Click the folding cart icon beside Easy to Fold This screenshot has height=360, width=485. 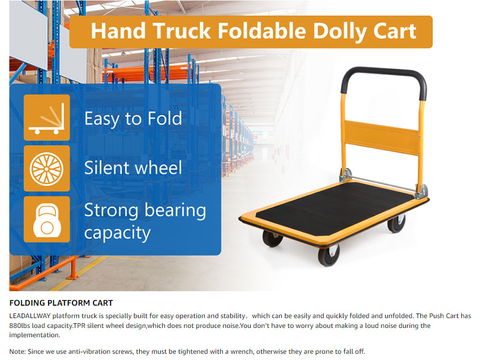click(x=47, y=118)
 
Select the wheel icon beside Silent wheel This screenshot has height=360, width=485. click(x=47, y=169)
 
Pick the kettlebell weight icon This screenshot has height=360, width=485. click(x=47, y=219)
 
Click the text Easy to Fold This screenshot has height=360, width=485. click(x=133, y=119)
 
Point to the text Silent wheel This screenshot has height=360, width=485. click(x=133, y=168)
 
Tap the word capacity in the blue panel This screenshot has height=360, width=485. click(x=117, y=233)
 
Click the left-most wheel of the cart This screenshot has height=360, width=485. click(x=272, y=238)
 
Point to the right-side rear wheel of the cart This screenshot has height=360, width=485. click(x=397, y=223)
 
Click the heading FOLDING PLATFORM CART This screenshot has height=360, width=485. click(x=61, y=303)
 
